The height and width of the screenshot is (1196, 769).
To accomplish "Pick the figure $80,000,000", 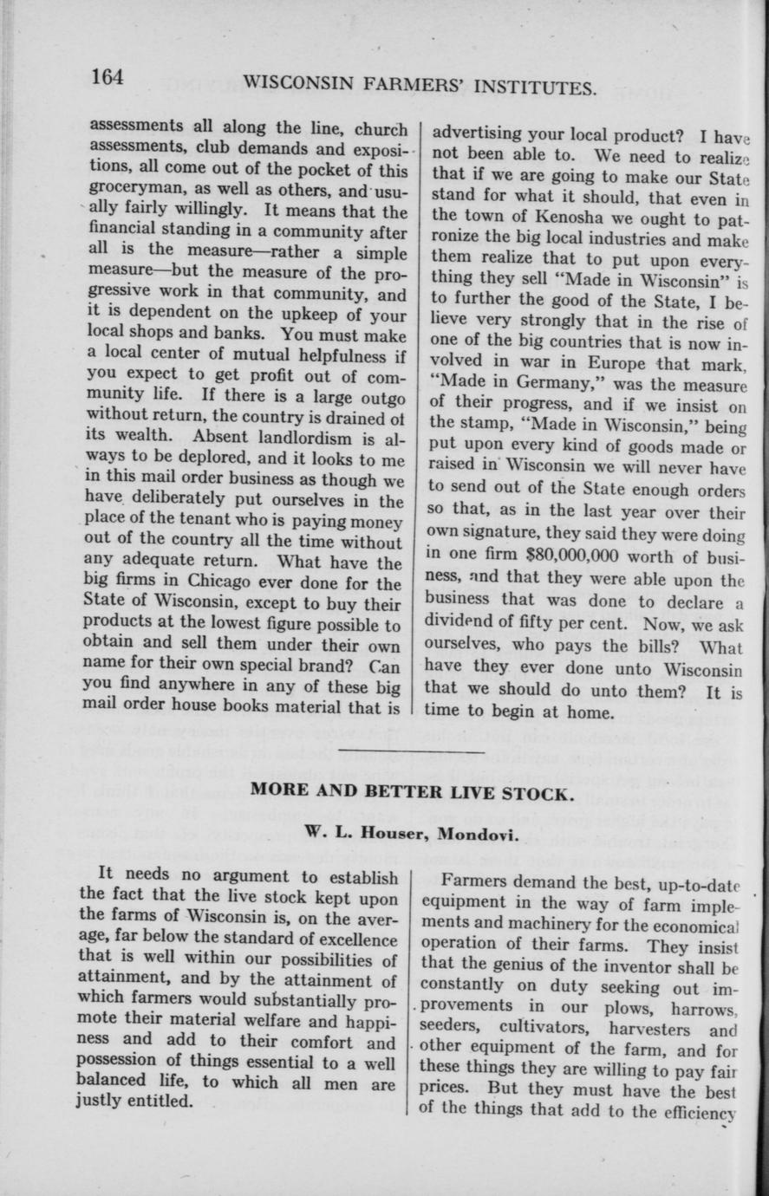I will pos(568,553).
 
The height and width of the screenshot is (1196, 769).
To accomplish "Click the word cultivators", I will pos(557,1029).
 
